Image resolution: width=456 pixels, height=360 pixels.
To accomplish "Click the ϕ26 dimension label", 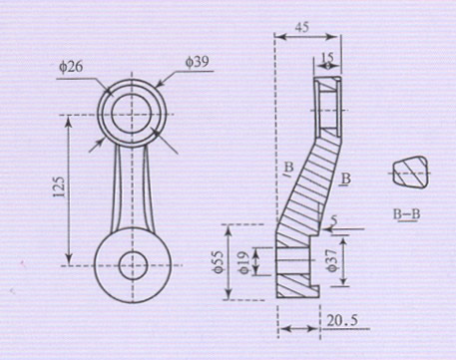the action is [x=71, y=67].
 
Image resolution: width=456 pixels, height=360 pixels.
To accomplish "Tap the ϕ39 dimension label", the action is [x=198, y=62].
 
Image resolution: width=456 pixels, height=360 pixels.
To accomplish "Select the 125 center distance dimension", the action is [x=60, y=186].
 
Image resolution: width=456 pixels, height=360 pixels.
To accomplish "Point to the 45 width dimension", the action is [x=302, y=27].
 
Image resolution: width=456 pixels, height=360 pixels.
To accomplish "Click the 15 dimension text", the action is [x=327, y=58].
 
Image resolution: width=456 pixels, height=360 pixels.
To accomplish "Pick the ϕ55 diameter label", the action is [x=218, y=262].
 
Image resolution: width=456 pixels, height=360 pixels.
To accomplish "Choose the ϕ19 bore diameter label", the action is [x=244, y=262].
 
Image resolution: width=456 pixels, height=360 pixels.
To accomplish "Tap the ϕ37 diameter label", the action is [x=332, y=260].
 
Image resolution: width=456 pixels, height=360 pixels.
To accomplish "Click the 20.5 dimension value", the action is [x=342, y=321].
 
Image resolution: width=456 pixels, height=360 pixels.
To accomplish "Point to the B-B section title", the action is [x=406, y=214].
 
